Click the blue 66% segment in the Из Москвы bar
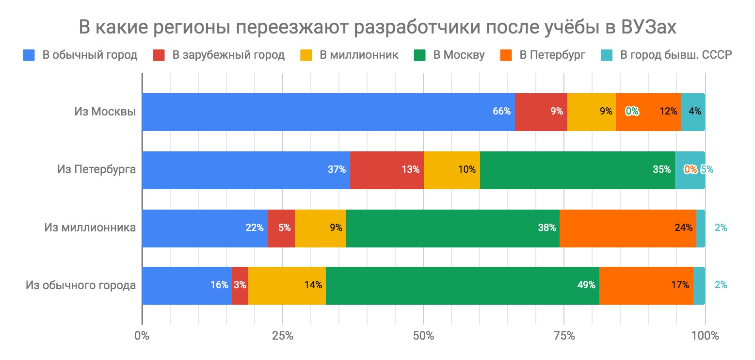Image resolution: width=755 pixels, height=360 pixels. click(328, 112)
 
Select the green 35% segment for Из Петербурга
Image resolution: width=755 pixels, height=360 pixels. click(577, 170)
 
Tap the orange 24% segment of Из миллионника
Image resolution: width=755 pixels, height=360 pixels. click(627, 228)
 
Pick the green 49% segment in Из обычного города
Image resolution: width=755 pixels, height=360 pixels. click(462, 285)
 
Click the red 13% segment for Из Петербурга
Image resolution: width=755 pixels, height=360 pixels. click(386, 170)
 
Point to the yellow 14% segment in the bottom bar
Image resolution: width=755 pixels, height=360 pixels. click(287, 285)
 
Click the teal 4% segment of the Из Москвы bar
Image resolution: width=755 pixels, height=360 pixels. click(692, 112)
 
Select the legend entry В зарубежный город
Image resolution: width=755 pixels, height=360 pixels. click(228, 55)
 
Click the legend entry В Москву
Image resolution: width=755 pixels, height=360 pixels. click(459, 55)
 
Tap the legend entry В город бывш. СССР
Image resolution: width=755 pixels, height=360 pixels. click(675, 55)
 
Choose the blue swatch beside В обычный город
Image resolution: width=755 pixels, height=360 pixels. click(29, 55)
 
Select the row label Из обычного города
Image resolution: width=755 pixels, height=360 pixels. click(80, 285)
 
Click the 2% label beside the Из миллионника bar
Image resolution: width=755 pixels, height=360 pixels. click(721, 228)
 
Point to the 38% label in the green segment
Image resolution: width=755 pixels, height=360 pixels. click(546, 228)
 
